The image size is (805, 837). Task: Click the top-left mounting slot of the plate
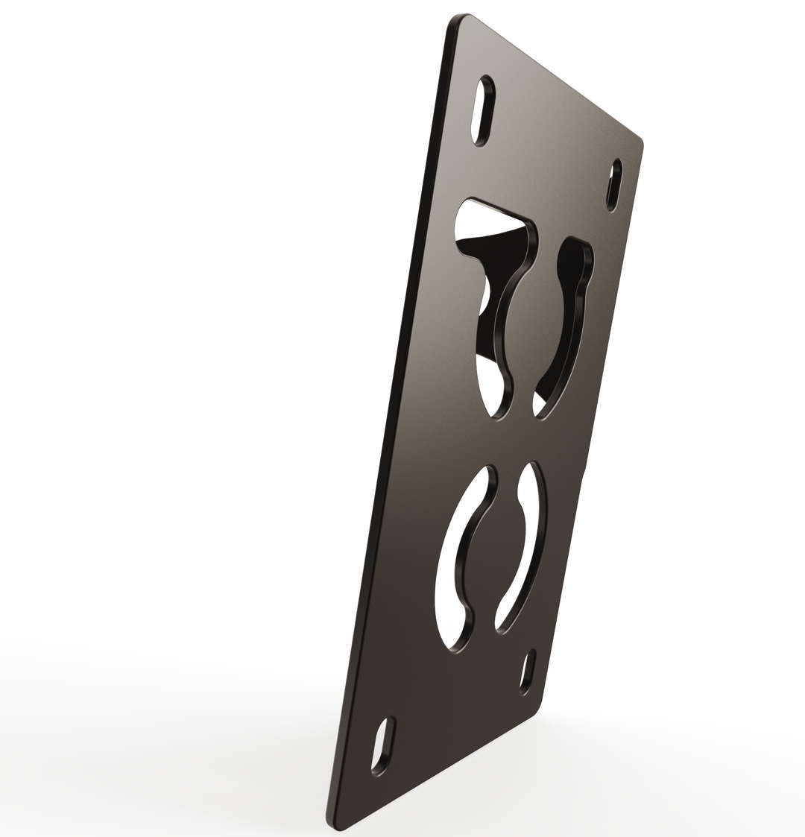point(483,110)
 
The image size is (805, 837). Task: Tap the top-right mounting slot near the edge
point(614,185)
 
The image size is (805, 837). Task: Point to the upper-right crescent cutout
point(570,320)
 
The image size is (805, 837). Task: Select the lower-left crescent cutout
point(458,559)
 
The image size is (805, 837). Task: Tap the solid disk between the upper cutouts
point(533,320)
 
